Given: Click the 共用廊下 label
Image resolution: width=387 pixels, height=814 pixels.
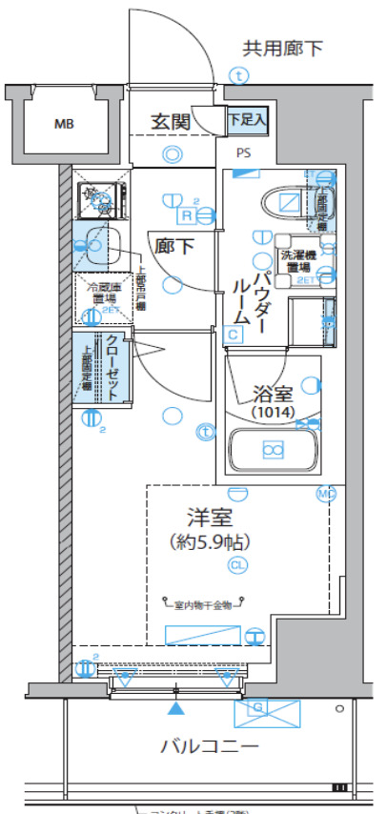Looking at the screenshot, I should (283, 48).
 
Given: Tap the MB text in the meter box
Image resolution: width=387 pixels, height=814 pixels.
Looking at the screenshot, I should (63, 124).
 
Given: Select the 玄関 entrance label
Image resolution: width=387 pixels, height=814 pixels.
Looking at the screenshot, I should (172, 121).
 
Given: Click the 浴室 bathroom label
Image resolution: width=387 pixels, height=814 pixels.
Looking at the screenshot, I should (274, 392).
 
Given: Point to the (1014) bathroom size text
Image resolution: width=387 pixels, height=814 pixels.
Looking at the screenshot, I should (274, 412).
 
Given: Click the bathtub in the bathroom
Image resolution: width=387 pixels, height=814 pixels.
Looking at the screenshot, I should (274, 449).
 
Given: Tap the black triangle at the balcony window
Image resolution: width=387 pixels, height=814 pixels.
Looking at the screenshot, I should (175, 709).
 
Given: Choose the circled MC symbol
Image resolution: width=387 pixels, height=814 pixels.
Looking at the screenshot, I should (326, 494).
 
